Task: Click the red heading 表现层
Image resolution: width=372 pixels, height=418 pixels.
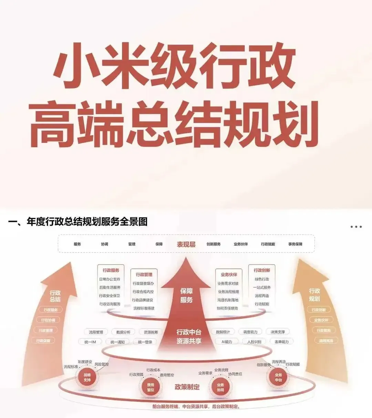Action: [186, 244]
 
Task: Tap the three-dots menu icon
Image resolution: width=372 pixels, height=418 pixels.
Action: [356, 227]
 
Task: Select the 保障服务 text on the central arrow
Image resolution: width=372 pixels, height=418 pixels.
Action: [186, 296]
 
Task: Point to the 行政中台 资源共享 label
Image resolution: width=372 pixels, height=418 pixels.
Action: [189, 336]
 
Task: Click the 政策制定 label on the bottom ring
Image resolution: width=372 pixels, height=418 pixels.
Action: [187, 387]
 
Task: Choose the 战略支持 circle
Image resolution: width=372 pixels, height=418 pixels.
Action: [87, 377]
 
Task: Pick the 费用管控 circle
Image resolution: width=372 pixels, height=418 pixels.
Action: [151, 387]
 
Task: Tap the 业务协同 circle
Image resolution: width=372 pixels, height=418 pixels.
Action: [220, 387]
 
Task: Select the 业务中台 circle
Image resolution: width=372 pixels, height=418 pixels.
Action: [278, 377]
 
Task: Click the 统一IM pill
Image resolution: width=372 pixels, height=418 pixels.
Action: [90, 342]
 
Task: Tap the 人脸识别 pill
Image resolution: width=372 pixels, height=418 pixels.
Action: [254, 342]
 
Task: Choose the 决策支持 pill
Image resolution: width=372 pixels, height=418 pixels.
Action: [278, 332]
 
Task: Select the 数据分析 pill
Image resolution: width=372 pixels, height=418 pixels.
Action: [123, 332]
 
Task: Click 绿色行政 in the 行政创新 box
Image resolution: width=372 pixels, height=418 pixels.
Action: [262, 279]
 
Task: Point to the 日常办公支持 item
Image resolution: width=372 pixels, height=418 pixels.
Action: [110, 279]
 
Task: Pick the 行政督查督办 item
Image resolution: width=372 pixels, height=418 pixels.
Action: [143, 283]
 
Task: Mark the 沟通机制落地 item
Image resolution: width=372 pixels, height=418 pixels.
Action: [228, 300]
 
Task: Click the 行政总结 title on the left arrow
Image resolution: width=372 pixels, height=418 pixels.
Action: [55, 296]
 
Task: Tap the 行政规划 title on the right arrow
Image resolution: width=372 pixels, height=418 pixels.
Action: [314, 295]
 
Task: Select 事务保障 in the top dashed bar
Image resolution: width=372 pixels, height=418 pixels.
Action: [295, 244]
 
